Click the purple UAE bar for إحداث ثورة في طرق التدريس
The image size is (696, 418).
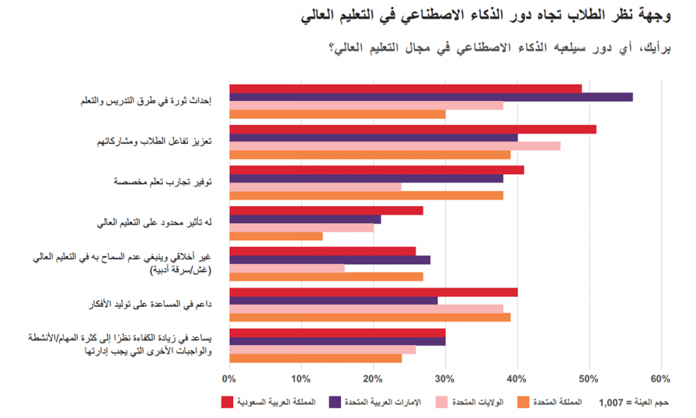(431, 97)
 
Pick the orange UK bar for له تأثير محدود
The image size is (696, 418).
(276, 236)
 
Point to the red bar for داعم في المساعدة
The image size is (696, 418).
(373, 292)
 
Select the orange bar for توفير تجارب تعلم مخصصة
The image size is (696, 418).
(366, 196)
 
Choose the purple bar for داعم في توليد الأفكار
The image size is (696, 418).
(333, 300)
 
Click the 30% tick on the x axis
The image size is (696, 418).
(445, 379)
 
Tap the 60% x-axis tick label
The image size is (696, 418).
(660, 379)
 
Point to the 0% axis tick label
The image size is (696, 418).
(229, 379)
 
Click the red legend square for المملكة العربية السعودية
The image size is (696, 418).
(226, 402)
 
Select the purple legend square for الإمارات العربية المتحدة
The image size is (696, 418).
(334, 402)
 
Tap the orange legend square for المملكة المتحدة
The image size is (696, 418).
(523, 402)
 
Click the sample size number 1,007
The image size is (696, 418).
(612, 403)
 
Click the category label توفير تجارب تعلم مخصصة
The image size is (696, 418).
(163, 182)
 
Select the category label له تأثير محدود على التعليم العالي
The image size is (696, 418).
(155, 222)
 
